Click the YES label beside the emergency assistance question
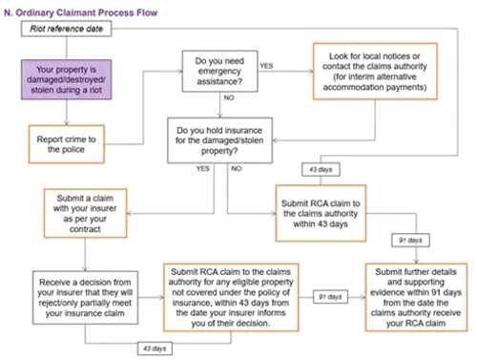tap(267, 66)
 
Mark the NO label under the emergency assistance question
tap(229, 98)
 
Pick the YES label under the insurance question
tap(204, 168)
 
